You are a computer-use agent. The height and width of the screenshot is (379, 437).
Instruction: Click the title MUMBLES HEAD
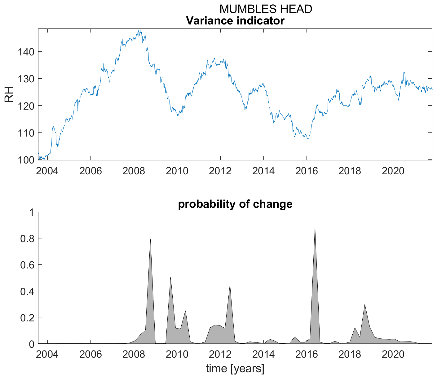click(266, 9)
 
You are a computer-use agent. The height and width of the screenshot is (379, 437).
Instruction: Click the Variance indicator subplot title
click(235, 21)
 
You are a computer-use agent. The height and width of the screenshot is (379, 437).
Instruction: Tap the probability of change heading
click(235, 204)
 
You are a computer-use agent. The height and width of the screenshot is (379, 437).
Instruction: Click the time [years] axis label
click(235, 368)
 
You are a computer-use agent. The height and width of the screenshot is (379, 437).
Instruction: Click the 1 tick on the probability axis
click(31, 212)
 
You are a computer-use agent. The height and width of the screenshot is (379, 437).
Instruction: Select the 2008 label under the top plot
click(134, 171)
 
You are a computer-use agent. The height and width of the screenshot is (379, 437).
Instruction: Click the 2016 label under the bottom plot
click(307, 354)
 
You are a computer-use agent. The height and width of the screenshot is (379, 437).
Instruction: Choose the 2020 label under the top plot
click(393, 171)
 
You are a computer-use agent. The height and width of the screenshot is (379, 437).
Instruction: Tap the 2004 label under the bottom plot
click(47, 354)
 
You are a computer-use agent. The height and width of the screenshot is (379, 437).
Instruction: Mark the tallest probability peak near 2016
click(315, 228)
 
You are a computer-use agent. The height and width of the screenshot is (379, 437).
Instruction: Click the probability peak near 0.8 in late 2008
click(150, 239)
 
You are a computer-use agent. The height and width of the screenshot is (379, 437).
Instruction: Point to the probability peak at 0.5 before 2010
click(170, 278)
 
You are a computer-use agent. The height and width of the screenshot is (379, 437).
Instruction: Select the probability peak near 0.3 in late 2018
click(365, 305)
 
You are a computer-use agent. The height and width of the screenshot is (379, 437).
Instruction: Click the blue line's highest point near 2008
click(140, 29)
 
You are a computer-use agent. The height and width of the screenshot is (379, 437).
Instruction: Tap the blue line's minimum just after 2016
click(308, 138)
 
